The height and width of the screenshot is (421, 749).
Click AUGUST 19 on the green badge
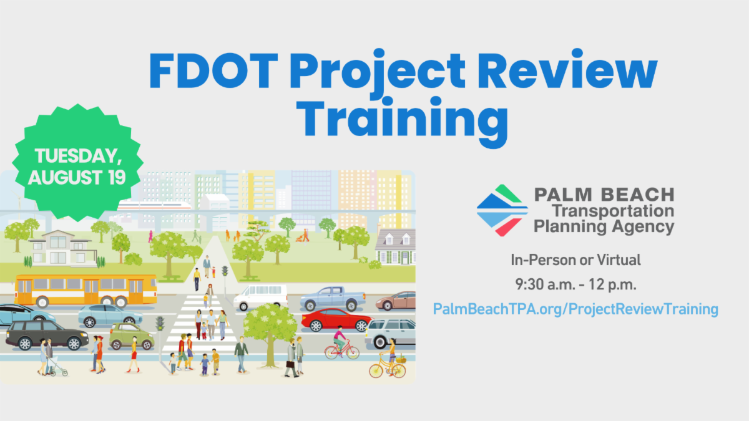tap(77, 177)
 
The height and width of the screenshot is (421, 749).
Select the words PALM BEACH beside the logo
tap(604, 195)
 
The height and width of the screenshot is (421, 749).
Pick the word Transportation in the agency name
tap(613, 211)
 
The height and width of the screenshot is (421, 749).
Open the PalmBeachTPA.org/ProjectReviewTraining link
tap(576, 309)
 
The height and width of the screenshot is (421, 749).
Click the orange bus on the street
tap(86, 289)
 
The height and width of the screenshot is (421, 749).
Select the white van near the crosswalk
tap(260, 297)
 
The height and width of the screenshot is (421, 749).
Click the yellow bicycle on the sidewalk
tap(387, 368)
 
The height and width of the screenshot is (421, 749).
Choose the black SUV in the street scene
tap(47, 335)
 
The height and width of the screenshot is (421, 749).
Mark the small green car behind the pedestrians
tap(131, 337)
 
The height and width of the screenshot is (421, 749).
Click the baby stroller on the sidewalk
tap(58, 368)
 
